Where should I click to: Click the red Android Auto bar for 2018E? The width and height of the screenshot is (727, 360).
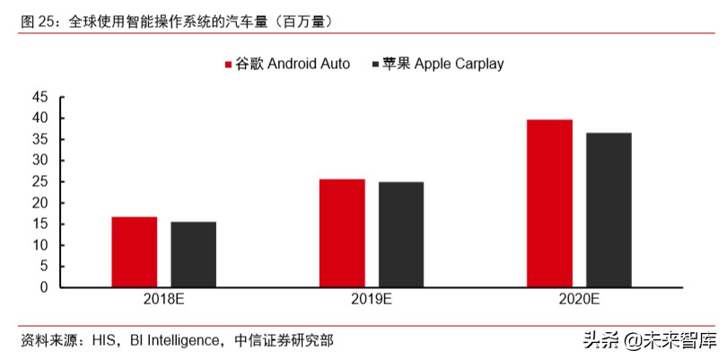tap(134, 252)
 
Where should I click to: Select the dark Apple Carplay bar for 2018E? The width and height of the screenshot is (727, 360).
tap(193, 254)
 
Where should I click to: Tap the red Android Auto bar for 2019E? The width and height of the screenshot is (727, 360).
tap(342, 233)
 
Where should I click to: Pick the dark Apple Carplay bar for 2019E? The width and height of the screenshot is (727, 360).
tap(401, 234)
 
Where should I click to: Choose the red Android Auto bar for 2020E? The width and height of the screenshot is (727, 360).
tap(550, 204)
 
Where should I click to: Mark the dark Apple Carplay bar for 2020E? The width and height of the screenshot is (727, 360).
tap(609, 210)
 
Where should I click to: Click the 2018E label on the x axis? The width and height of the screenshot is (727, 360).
tap(163, 301)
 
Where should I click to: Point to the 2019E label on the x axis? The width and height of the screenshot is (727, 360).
tap(372, 301)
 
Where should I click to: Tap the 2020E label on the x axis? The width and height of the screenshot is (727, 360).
tap(580, 301)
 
